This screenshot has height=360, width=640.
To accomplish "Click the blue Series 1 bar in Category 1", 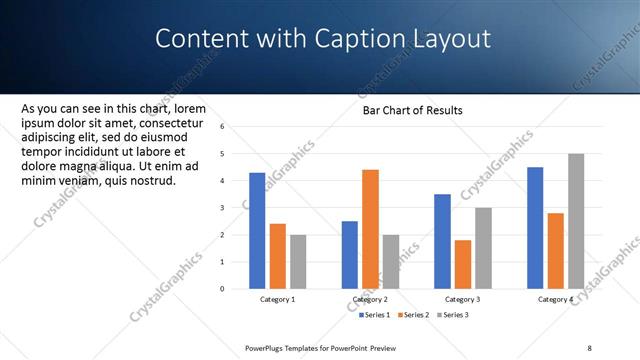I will coord(257,230).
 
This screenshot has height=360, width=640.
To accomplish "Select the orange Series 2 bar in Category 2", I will coord(370,229).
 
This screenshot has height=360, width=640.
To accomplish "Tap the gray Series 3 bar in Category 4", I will coord(576,221).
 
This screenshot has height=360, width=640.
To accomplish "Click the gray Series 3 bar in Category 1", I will coord(298,261).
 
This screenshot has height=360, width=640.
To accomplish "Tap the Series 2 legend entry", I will coord(414,314).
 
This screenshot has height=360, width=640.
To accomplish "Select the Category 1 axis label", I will coord(277,299).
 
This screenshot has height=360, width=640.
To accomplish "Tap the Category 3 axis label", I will coord(463,299).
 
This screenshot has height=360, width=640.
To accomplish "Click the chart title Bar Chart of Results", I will coord(412,110).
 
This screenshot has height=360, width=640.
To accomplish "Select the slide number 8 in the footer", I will coord(589,347).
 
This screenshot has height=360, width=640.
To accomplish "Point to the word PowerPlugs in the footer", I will coord(267,347).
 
